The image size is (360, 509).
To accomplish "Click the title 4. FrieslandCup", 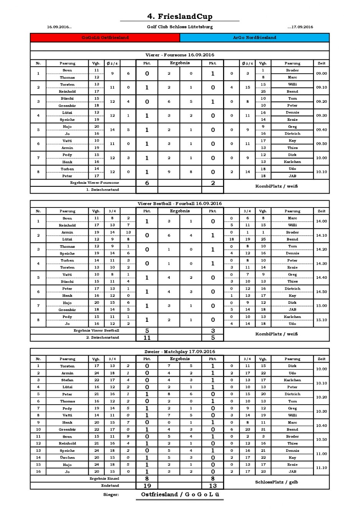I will point(180,16).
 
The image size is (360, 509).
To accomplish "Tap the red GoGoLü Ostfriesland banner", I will point(105,38).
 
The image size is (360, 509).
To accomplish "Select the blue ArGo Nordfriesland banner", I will point(254,38).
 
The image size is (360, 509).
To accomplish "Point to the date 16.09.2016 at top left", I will point(59,27).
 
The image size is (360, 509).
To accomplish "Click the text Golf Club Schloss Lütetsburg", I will point(180,27).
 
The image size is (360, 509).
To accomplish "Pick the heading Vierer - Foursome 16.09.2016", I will point(180,55).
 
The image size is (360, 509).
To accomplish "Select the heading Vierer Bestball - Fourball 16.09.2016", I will point(180,204).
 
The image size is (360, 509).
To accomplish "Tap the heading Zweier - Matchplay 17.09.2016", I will point(180,352).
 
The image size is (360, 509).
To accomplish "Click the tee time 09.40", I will point(321,130).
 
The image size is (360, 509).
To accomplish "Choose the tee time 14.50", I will point(321,292).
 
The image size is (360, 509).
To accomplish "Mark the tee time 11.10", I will point(321,468).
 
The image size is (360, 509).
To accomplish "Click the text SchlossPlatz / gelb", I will point(276,482).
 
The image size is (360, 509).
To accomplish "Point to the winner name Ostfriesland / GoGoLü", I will point(180,494).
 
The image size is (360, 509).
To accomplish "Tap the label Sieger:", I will point(111,495).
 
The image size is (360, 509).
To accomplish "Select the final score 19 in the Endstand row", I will point(147,486).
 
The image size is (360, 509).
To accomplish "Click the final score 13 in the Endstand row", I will point(213,486).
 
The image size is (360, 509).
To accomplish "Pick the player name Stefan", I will point(67,380).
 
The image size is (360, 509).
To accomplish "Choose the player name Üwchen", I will point(67,458).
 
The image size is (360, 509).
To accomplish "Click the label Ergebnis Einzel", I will point(104,479).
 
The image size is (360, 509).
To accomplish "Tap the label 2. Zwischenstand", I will point(102,338).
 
